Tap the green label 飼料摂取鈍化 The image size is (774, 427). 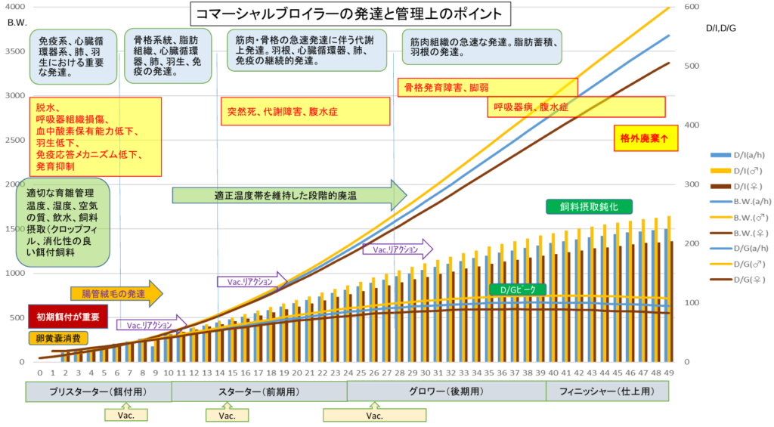589,207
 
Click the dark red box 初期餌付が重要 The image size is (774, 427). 63,316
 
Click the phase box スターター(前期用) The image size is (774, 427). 259,391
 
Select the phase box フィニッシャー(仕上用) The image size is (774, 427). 607,391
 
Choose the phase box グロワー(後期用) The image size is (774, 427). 446,391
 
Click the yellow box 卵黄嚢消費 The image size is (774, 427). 58,338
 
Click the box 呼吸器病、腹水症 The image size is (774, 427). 576,107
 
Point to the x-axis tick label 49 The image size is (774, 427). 669,373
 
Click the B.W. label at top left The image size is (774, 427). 17,24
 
